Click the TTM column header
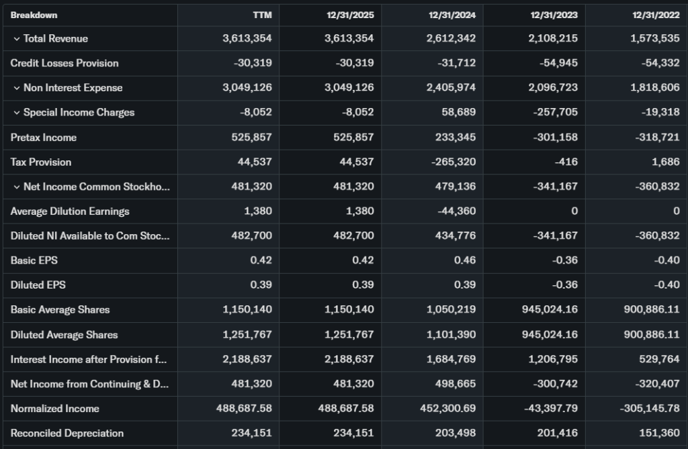click(263, 15)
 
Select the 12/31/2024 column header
click(452, 15)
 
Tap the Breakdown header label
click(34, 15)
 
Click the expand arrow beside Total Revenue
click(16, 39)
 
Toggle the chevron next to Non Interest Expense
click(16, 88)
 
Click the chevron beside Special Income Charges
click(16, 113)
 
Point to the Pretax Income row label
click(44, 138)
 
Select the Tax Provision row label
click(41, 162)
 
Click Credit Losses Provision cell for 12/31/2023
click(559, 63)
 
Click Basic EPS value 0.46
click(464, 260)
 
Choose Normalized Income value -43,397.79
click(548, 409)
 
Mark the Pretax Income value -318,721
click(657, 138)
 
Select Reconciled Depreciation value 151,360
click(660, 434)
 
